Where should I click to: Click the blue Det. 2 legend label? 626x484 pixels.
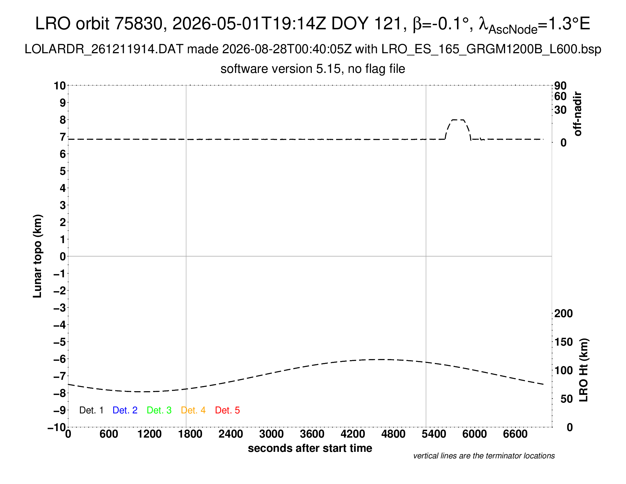tap(125, 410)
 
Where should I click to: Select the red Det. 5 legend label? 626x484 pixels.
tap(227, 410)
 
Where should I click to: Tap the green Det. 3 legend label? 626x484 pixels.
tap(159, 410)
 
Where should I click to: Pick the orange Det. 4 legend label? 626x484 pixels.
tap(193, 410)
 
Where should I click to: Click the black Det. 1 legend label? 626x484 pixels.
tap(91, 410)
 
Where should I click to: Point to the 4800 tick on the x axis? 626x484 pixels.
tap(393, 434)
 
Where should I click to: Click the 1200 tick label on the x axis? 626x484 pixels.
tap(149, 434)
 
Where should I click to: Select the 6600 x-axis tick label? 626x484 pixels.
tap(515, 434)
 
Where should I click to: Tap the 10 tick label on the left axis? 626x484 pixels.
tap(60, 85)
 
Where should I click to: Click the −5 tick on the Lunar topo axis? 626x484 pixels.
tap(60, 342)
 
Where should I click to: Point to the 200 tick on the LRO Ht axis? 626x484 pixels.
tap(563, 313)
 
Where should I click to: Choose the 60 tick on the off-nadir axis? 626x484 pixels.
tap(560, 96)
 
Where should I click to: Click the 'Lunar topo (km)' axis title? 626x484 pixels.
tap(38, 256)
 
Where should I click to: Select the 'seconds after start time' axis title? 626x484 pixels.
tap(310, 448)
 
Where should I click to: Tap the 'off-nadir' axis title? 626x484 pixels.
tap(578, 114)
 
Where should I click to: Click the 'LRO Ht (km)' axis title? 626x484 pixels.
tap(584, 370)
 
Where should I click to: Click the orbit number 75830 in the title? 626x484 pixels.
tap(139, 24)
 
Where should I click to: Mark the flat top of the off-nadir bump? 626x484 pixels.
tap(458, 120)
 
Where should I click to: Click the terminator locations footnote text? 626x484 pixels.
tap(484, 456)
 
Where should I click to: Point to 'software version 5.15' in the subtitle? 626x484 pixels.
tap(281, 69)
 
